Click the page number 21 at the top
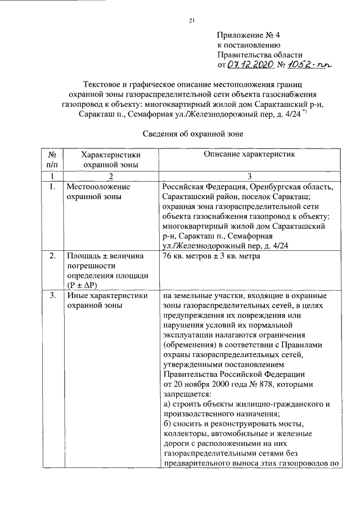pos(191,21)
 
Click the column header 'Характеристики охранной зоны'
pos(111,160)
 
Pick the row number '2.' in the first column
pos(52,256)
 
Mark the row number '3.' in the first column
pos(52,295)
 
